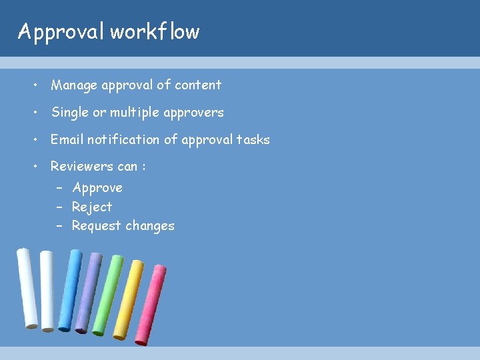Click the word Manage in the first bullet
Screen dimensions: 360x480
(74, 85)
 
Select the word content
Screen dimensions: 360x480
(198, 85)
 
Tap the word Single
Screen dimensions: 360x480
(70, 113)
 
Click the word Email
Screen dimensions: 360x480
(67, 140)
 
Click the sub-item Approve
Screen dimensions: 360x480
(97, 188)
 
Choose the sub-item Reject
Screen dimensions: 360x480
(92, 207)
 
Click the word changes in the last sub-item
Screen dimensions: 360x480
(151, 226)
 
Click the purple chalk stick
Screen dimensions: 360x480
(88, 292)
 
